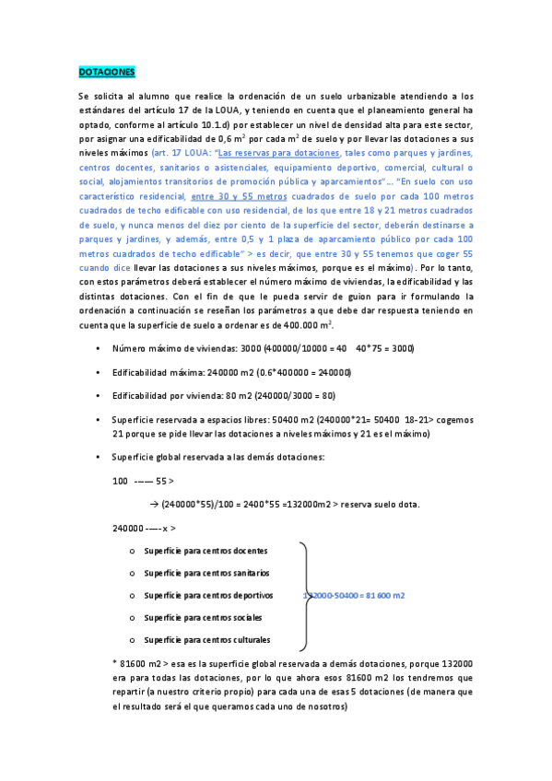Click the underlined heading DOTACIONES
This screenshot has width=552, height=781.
click(x=107, y=71)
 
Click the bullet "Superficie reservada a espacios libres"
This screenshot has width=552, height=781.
click(x=194, y=419)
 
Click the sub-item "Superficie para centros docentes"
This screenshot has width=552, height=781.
click(x=206, y=551)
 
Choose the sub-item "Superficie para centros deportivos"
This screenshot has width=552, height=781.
click(x=208, y=595)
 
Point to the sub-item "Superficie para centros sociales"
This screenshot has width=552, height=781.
click(x=203, y=617)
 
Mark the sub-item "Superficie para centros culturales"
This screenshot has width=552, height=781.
click(x=207, y=639)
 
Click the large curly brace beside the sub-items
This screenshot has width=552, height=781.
click(x=306, y=595)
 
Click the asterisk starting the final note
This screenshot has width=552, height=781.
click(x=114, y=663)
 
